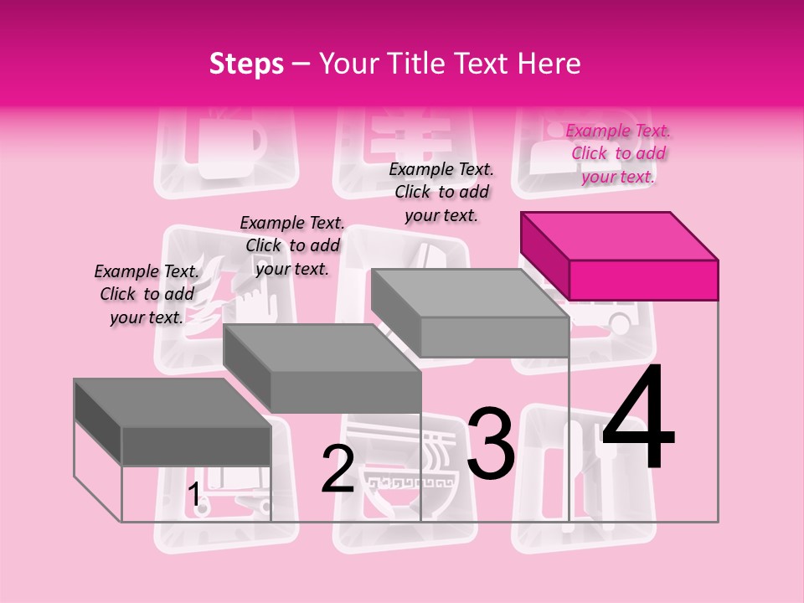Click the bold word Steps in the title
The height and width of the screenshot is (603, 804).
click(246, 64)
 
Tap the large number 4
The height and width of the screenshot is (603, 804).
click(638, 418)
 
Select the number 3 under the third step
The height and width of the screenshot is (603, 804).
click(491, 443)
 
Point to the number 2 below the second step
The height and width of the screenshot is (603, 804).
click(338, 469)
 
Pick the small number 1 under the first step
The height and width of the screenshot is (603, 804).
click(194, 495)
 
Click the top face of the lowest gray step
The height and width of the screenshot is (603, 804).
click(173, 403)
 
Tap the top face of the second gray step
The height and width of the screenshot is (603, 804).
click(322, 348)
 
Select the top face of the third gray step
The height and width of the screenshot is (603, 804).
click(469, 293)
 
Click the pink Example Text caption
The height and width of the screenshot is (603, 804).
click(618, 153)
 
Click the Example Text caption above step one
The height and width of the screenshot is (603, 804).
click(147, 294)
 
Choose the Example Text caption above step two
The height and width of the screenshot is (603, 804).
click(292, 245)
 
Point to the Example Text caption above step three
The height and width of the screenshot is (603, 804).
click(441, 192)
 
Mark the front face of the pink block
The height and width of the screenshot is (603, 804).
click(643, 280)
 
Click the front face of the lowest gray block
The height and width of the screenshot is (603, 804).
click(196, 446)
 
